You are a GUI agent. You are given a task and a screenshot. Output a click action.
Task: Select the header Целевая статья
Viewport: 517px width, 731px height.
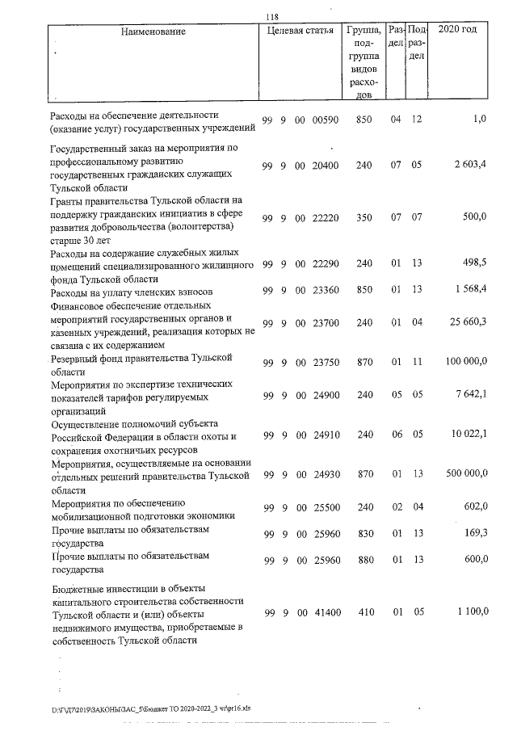tap(300, 32)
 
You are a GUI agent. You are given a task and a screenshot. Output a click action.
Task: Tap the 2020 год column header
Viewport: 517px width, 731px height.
tap(456, 30)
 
